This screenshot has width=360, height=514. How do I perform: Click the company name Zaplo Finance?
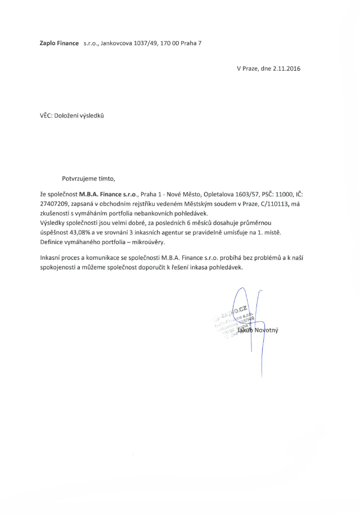pyautogui.click(x=59, y=42)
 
